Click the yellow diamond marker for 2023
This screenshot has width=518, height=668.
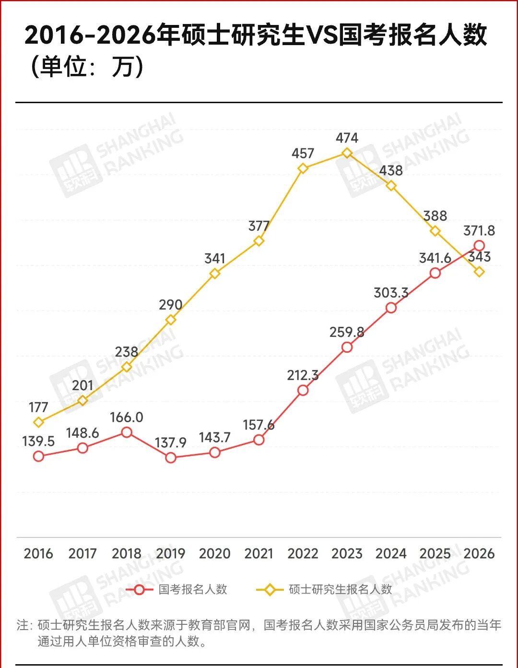point(347,153)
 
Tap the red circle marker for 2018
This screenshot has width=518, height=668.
point(127,432)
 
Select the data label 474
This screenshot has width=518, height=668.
point(347,138)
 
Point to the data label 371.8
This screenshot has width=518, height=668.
point(479,231)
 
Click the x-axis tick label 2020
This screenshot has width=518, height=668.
point(214,554)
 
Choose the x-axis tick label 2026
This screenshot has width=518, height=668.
point(479,554)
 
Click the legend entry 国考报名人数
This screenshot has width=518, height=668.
point(193,589)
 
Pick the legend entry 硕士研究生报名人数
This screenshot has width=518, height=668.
point(340,589)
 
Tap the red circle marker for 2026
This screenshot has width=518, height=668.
point(479,246)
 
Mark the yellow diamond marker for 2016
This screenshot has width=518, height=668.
point(38,422)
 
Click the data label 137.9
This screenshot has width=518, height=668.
point(171,442)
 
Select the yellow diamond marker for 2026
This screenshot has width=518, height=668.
point(479,272)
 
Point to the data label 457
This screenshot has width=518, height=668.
point(303,154)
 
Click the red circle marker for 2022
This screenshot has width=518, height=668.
point(303,390)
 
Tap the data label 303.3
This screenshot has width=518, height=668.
point(391,293)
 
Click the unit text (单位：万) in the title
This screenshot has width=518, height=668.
point(86,67)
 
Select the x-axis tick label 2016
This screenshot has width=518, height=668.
point(38,554)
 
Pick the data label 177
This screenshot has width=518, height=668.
point(38,407)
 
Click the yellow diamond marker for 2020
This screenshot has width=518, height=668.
point(215,274)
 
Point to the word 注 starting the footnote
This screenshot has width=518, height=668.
point(23,625)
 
